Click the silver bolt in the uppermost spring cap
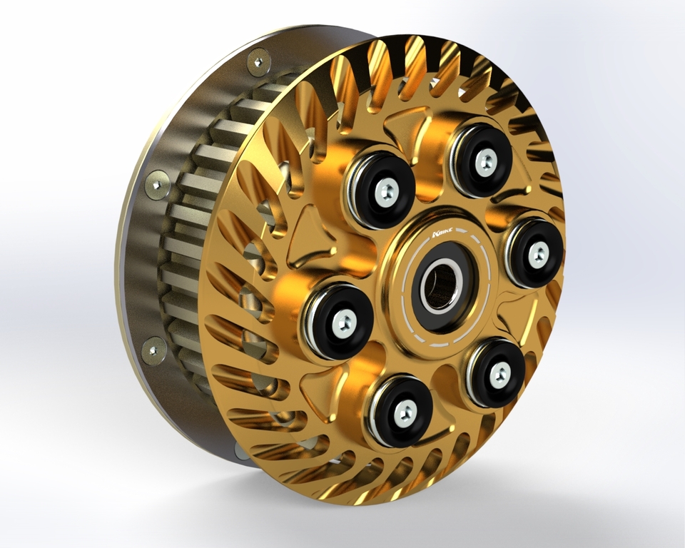[x=486, y=162]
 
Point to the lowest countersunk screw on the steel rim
[x=153, y=349]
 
